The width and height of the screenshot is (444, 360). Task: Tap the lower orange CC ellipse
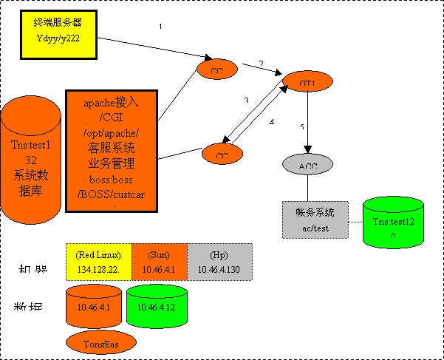pos(222,155)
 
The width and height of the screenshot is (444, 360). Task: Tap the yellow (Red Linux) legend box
pos(99,262)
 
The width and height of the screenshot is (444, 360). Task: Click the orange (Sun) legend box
pos(160,262)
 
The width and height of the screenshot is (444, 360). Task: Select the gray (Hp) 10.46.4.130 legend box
pos(219,262)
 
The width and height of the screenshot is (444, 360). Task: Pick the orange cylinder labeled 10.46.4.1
pos(93,306)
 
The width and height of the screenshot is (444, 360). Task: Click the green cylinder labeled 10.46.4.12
pos(154,306)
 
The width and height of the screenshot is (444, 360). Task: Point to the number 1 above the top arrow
pos(160,27)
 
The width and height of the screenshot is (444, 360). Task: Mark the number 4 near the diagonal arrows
pos(272,122)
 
